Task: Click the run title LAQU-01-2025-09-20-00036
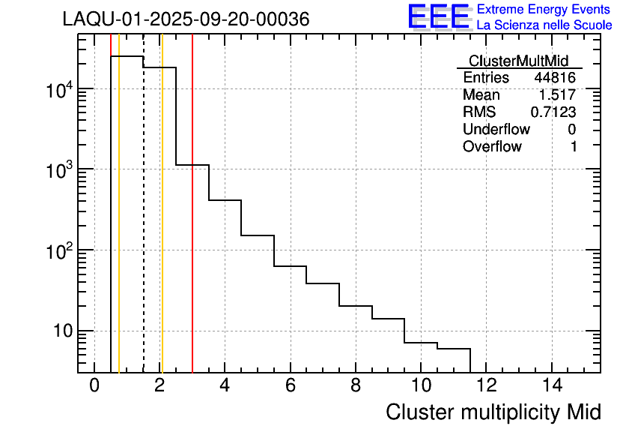(x=186, y=19)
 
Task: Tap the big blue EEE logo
(x=438, y=16)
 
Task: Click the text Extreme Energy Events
(x=544, y=10)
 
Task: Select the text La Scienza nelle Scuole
(x=544, y=25)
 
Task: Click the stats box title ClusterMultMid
(x=518, y=61)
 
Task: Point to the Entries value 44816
(x=554, y=78)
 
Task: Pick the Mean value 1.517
(x=557, y=95)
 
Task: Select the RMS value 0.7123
(x=553, y=112)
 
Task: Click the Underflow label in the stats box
(x=496, y=130)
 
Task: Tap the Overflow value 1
(x=574, y=147)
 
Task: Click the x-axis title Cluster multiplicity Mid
(x=493, y=412)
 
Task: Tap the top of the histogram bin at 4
(x=225, y=200)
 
